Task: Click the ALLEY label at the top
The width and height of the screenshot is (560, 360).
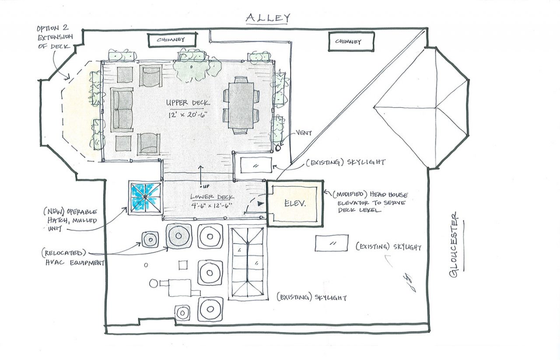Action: pos(268,18)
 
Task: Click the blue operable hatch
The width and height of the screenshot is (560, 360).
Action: pos(145,198)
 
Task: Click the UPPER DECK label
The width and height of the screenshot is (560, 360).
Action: pos(187,103)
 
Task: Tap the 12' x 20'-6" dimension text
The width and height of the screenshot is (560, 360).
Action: pos(187,115)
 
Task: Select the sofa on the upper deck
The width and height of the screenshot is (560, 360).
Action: pos(122,109)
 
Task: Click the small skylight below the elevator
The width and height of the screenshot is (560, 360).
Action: pos(332,243)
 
